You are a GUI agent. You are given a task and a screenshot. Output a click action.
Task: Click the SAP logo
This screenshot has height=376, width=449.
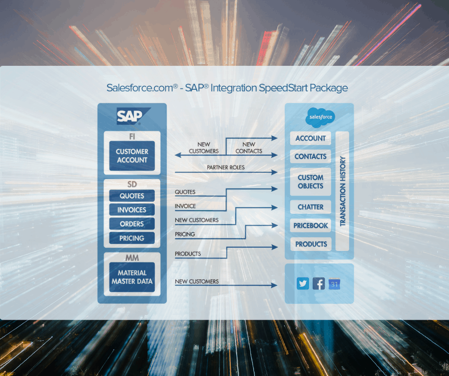pos(131,116)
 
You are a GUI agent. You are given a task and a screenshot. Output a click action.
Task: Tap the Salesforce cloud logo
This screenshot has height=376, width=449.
pos(320,117)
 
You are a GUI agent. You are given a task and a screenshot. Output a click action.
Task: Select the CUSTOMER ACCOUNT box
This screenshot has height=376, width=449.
pos(132,156)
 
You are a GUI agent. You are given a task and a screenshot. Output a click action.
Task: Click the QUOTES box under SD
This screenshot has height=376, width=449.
pos(132,196)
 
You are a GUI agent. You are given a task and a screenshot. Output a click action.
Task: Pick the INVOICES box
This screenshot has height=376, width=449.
pos(132,210)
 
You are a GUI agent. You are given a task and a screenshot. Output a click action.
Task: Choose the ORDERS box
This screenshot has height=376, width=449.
pos(132,224)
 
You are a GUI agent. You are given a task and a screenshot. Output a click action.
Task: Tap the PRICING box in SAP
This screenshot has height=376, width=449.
pos(132,238)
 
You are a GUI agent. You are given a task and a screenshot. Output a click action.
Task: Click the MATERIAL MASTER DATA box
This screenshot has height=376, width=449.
pos(132,277)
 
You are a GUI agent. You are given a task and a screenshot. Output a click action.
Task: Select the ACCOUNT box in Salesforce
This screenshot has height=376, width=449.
pos(310,138)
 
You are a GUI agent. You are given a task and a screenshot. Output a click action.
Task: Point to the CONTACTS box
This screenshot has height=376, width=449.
pos(310,157)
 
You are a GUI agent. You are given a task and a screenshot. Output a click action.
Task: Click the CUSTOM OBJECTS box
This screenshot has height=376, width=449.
pos(310,182)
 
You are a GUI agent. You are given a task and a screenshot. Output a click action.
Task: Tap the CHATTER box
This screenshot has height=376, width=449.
pos(310,207)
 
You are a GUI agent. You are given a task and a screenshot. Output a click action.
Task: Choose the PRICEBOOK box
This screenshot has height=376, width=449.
pos(310,225)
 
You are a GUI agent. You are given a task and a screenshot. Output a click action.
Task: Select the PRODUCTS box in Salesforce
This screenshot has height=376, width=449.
pos(310,244)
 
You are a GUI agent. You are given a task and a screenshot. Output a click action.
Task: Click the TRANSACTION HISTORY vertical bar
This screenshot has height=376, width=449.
pos(342,191)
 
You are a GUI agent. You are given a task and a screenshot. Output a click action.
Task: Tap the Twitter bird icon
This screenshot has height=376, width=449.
pos(303,284)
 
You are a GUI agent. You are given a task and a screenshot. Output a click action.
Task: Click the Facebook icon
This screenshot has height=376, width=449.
pos(319,284)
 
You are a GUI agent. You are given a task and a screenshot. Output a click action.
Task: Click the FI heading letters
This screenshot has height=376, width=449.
pos(132,136)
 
